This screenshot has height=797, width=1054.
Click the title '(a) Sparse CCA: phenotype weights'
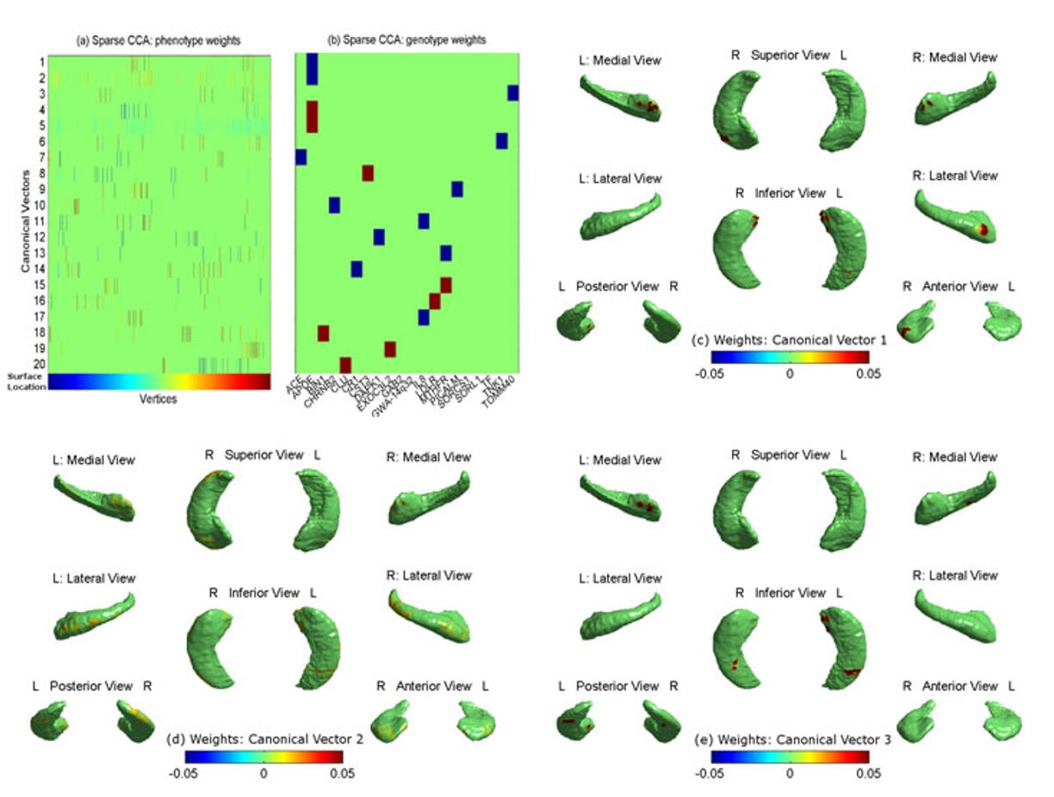[x=160, y=41]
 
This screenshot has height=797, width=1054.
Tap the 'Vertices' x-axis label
[x=159, y=398]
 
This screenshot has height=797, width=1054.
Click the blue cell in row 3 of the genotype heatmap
[x=513, y=93]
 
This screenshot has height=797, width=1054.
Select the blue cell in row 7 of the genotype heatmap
[x=301, y=157]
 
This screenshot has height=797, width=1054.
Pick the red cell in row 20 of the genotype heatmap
[x=345, y=364]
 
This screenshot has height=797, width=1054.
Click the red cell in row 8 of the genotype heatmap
[x=368, y=173]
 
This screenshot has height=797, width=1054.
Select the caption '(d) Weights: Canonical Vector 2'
[x=264, y=738]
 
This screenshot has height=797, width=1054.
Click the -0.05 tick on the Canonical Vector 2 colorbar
[x=184, y=773]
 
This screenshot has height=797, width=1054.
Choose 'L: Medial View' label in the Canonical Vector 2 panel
[x=92, y=460]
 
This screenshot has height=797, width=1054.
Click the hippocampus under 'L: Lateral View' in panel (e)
[x=620, y=621]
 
